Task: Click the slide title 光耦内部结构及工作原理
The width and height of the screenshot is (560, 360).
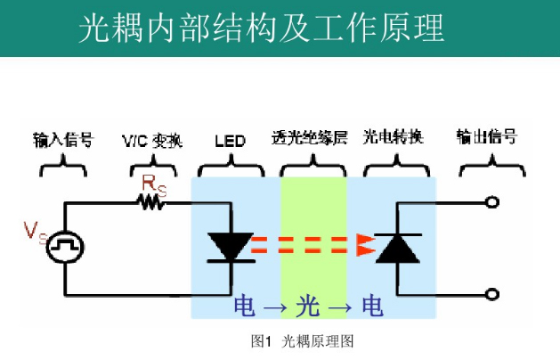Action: coord(261,29)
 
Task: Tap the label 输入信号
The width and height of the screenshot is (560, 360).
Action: coord(63,139)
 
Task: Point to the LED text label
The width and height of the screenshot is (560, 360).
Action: coord(230,141)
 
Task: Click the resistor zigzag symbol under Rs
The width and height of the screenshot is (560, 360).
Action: coord(152,202)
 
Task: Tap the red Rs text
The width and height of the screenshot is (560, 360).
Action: coord(153,184)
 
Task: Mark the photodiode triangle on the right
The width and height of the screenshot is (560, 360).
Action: coord(397,248)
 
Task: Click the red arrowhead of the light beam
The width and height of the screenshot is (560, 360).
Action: coord(365,242)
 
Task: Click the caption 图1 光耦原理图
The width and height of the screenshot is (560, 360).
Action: coord(304,341)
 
